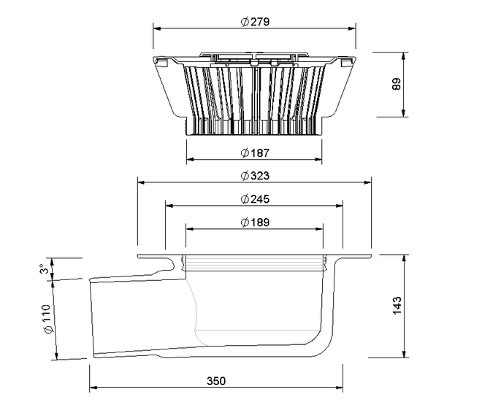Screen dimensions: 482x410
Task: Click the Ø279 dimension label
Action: tap(255, 22)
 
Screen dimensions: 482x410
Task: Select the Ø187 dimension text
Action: tap(255, 152)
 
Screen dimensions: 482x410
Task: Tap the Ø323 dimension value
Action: tap(255, 176)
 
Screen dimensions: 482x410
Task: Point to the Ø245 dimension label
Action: tap(255, 199)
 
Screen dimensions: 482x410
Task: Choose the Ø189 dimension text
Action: tap(255, 222)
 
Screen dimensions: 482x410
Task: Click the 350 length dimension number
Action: tap(216, 381)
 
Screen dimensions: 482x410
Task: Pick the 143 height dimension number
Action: tap(397, 306)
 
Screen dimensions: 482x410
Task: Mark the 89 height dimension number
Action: tap(397, 84)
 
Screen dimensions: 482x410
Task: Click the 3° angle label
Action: tap(45, 269)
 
